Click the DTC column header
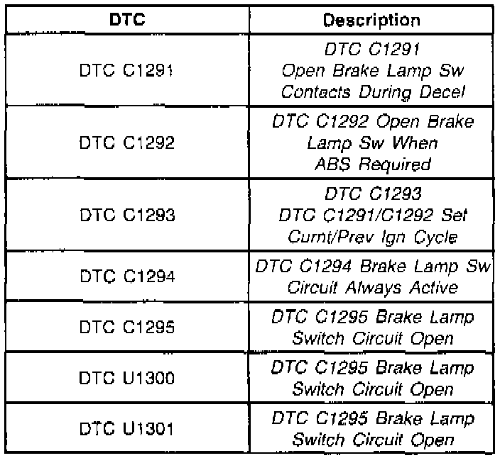[x=128, y=19]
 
